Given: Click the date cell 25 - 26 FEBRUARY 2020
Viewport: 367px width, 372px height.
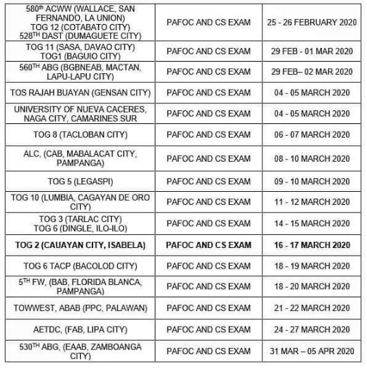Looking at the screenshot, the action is coord(312,22).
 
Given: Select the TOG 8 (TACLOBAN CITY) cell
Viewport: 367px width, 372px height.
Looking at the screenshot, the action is coord(80,135).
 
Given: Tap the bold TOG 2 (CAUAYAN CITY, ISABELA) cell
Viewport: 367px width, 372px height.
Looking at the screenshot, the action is coord(80,245).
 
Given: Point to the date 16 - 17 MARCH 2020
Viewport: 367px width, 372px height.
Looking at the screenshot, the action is coord(312,245).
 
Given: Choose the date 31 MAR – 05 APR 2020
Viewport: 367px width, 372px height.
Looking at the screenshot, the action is coord(312,351).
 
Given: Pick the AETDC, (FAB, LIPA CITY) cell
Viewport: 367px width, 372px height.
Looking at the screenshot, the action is coord(80,330).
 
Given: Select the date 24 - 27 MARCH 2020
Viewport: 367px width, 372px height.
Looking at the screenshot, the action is coord(312,330).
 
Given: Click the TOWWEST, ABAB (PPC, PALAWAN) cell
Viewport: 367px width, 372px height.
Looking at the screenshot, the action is coord(80,308).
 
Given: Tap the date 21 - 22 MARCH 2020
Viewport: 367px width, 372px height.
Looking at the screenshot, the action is coord(312,308).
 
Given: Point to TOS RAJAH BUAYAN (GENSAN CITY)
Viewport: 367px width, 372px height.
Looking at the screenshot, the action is coord(80,92).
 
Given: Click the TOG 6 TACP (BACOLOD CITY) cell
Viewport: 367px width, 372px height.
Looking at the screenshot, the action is coord(80,266).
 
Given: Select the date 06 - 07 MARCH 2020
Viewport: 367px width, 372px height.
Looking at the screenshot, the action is coord(312,135).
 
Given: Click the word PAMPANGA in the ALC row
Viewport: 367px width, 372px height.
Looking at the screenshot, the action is coord(80,164).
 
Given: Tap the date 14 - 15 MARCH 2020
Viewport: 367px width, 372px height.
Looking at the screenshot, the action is coord(312,223).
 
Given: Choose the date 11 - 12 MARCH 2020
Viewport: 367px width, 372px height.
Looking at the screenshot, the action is coord(312,202).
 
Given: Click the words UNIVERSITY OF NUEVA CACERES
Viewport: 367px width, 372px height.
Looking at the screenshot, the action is coord(80,109).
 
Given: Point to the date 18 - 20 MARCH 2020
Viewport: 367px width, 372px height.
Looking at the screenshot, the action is coord(312,287).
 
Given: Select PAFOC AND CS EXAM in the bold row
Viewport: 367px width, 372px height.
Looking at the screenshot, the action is coord(209,245).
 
